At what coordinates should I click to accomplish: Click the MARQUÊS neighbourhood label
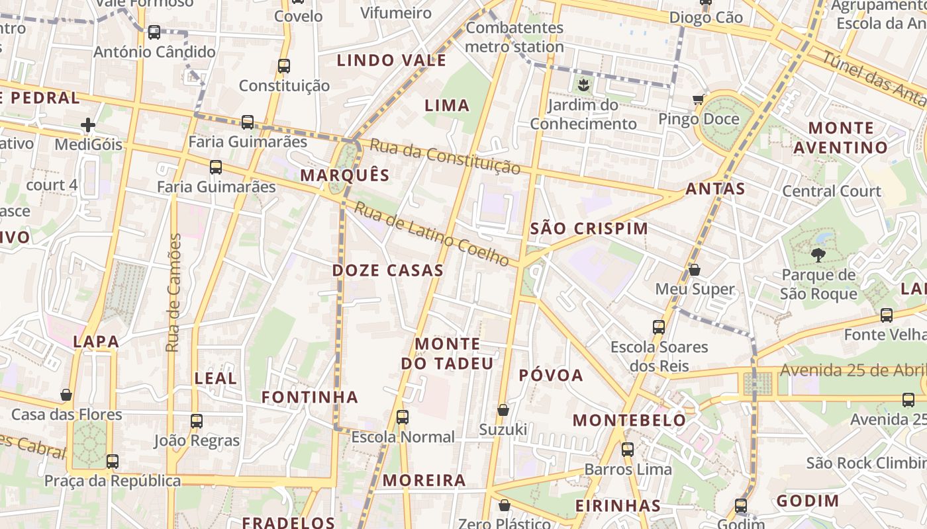point(344,175)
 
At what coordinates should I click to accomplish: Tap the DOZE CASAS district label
point(387,270)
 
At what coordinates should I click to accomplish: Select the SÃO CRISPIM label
point(589,229)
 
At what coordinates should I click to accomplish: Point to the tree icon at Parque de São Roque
point(818,255)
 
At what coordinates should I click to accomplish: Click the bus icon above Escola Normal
point(402,417)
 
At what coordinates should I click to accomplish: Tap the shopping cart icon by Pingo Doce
point(698,100)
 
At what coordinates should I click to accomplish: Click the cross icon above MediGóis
point(88,125)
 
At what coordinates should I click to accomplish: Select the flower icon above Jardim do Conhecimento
point(583,85)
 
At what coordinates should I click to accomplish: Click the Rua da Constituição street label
point(445,157)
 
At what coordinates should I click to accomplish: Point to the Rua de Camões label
point(173,292)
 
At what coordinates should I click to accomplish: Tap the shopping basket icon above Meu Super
point(694,270)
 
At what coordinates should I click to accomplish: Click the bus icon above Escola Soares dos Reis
point(658,327)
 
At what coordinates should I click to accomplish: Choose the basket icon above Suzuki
point(503,410)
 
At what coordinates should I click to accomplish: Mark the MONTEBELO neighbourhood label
point(629,420)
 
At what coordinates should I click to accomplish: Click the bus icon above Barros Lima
point(627,450)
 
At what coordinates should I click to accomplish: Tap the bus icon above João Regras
point(196,421)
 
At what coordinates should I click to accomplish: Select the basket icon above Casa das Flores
point(66,395)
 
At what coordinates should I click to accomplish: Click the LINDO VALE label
point(391,61)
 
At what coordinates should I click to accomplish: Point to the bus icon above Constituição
point(284,66)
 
